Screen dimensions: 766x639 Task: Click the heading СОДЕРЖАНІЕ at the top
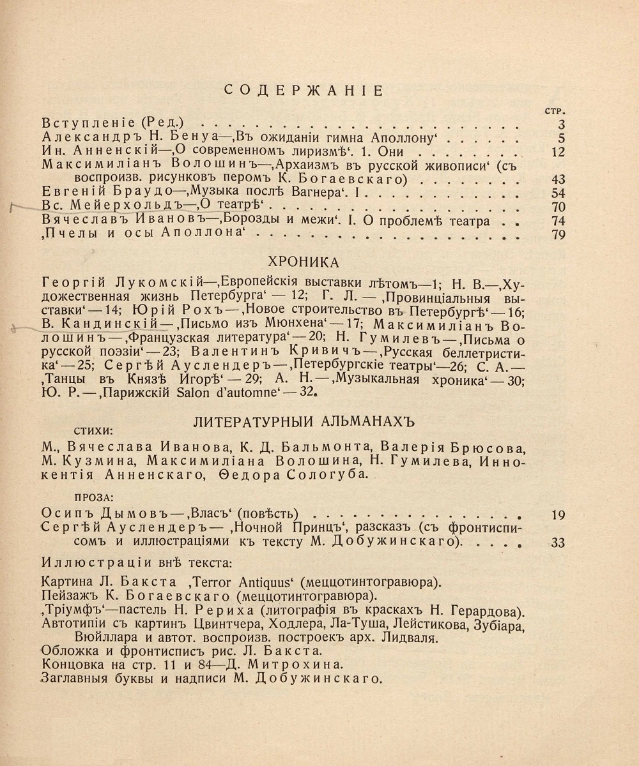[x=304, y=90]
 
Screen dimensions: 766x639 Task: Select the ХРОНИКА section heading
[x=303, y=262]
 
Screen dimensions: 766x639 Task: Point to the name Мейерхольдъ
[x=128, y=207]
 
